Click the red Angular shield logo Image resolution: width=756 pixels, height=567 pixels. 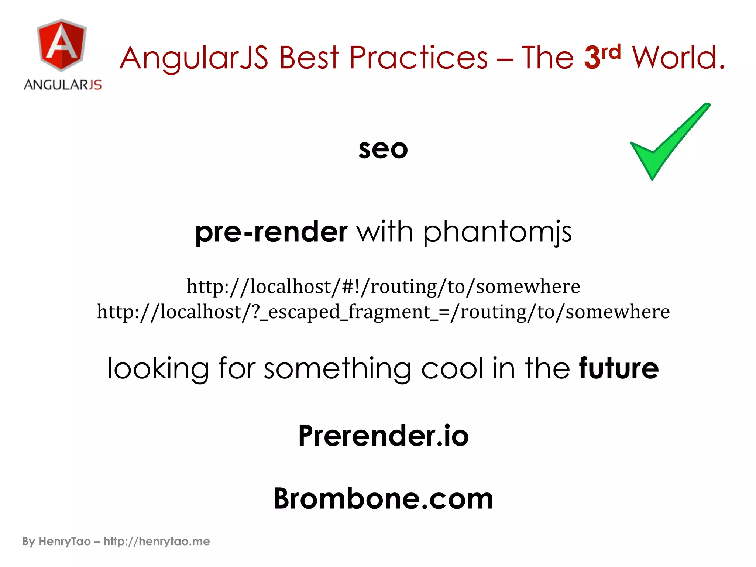click(x=62, y=45)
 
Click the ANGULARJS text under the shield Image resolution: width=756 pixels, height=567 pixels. click(x=63, y=85)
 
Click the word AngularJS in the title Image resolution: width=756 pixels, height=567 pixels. click(x=194, y=58)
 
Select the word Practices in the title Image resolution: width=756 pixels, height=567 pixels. click(x=418, y=58)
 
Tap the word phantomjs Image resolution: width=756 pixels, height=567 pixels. click(x=497, y=233)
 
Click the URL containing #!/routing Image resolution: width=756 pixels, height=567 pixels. click(x=383, y=287)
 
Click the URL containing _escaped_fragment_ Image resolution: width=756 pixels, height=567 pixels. click(x=383, y=312)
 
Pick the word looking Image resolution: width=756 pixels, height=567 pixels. click(x=158, y=369)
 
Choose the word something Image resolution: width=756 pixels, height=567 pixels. click(x=337, y=369)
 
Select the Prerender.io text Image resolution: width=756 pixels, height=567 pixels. click(x=383, y=436)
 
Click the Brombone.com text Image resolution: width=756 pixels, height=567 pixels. click(x=383, y=498)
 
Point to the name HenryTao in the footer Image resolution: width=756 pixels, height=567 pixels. click(x=65, y=542)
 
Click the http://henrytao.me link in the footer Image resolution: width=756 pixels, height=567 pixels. click(x=157, y=542)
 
